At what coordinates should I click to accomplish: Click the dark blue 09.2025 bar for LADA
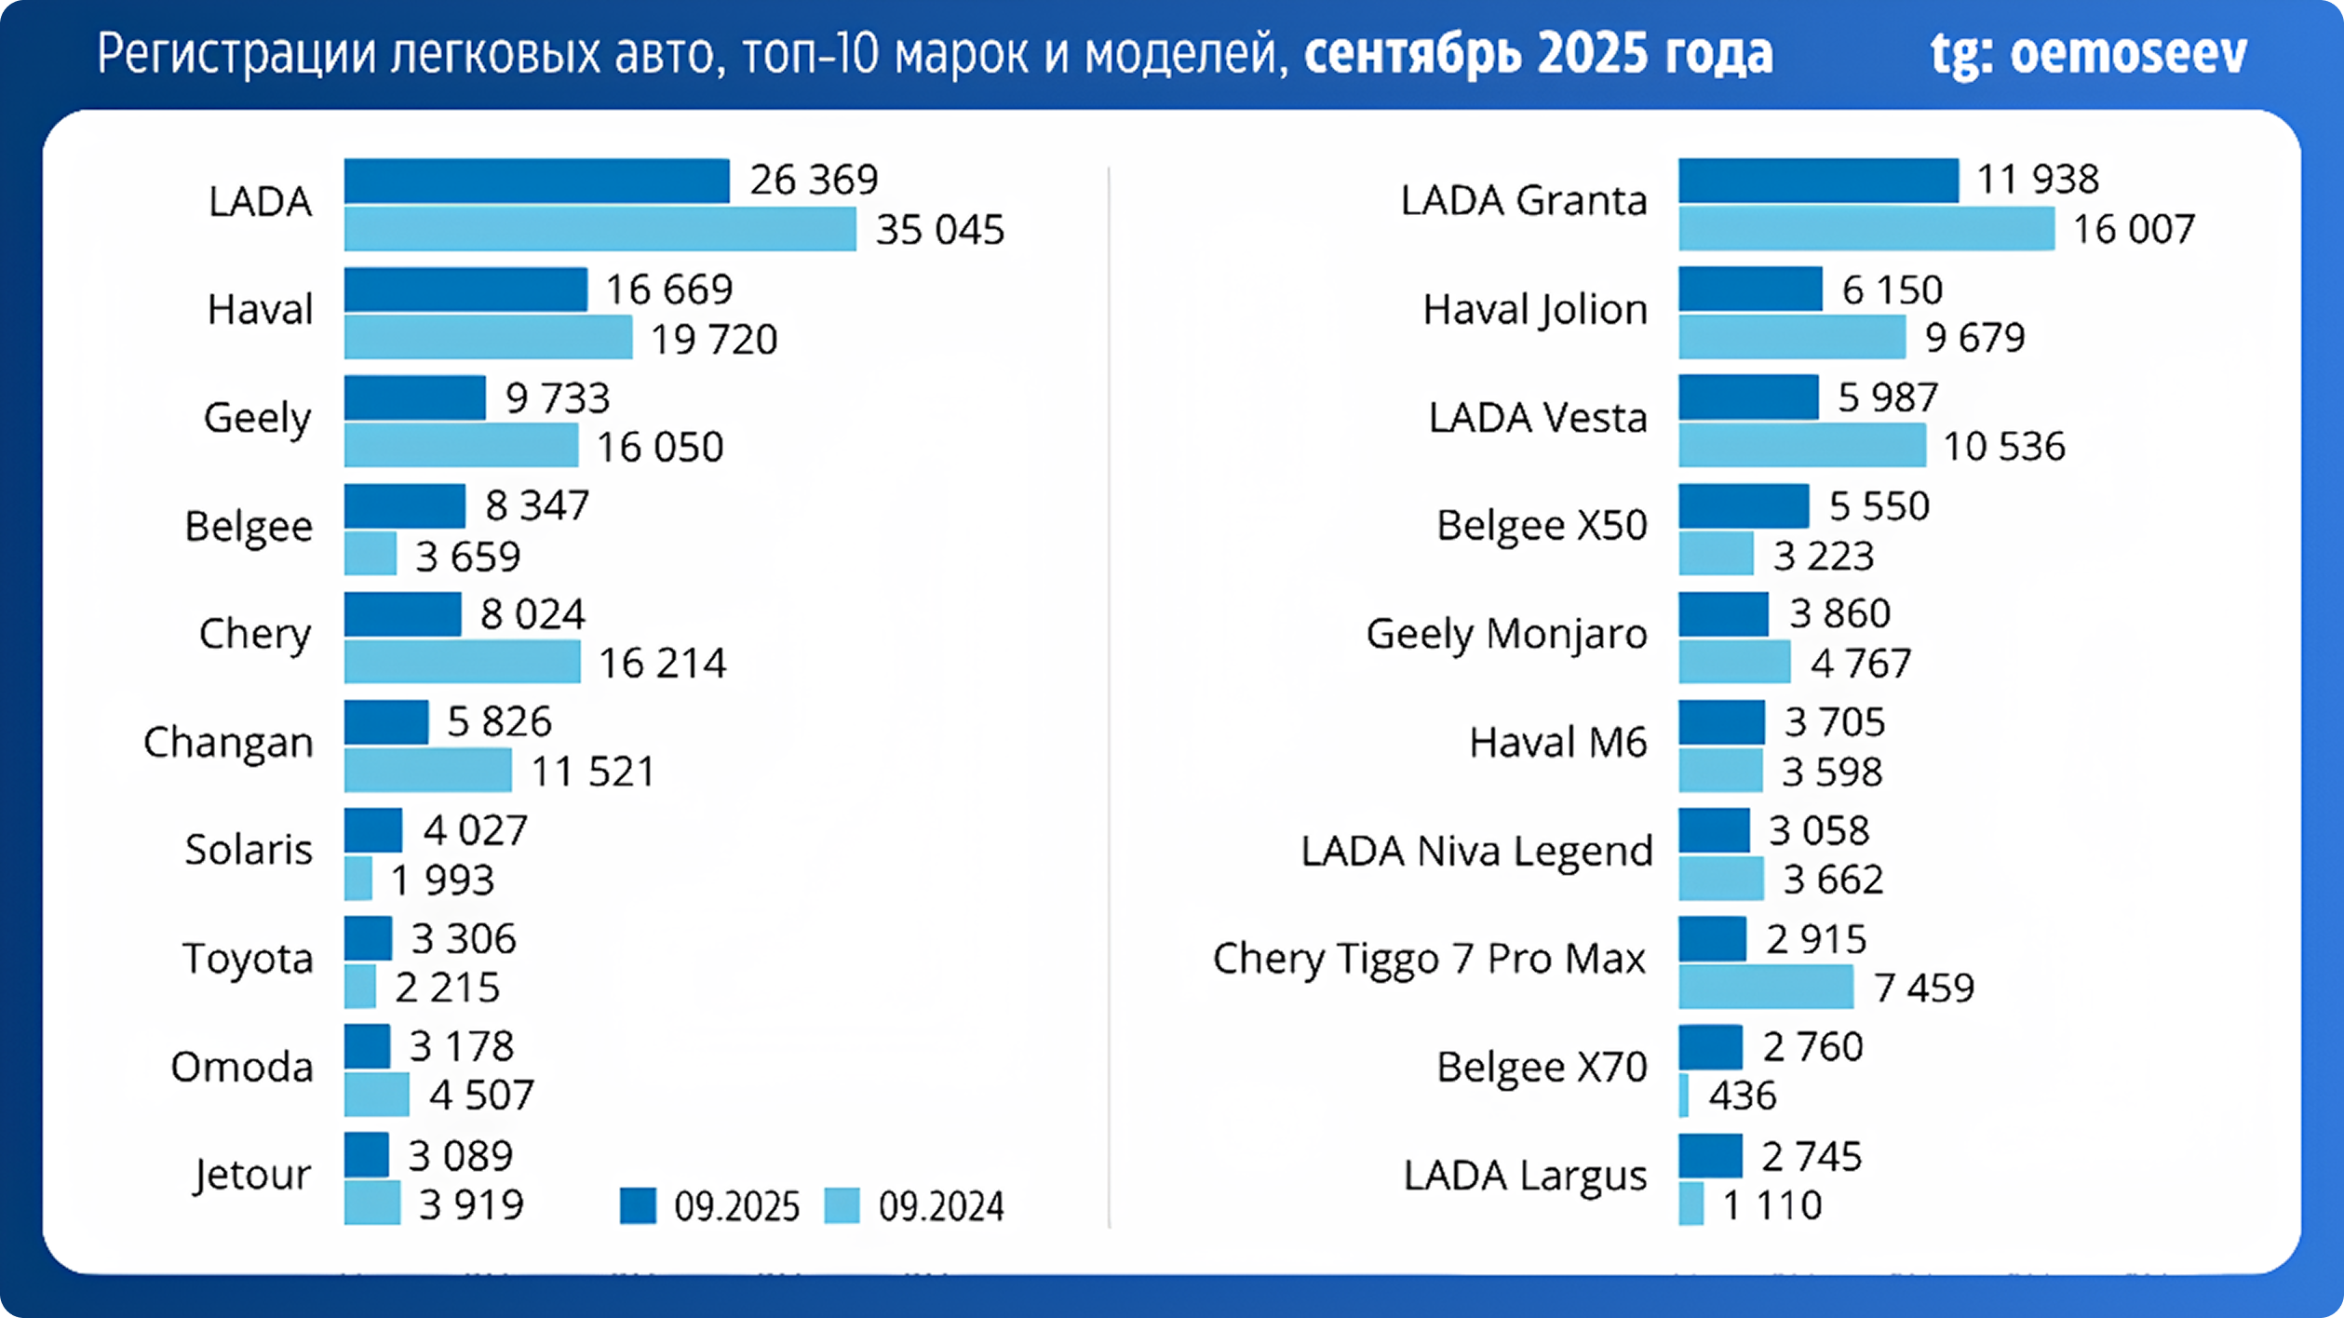tap(536, 181)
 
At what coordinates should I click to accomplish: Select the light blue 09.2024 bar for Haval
tap(488, 337)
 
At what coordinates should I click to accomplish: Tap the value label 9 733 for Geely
tap(557, 398)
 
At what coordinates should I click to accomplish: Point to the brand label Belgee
tap(249, 526)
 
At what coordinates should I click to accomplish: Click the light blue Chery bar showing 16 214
tap(462, 662)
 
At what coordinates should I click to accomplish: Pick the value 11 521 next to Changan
tap(593, 772)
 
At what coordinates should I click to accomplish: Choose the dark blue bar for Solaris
tap(372, 830)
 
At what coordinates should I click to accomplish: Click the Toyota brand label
tap(248, 959)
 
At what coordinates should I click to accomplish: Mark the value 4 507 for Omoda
tap(481, 1095)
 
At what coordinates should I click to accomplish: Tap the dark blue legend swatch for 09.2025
tap(638, 1205)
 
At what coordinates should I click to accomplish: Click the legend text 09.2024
tap(940, 1206)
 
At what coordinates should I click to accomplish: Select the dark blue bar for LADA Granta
tap(1818, 181)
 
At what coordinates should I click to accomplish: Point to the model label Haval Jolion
tap(1535, 309)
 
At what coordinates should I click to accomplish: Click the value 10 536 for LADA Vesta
tap(2003, 446)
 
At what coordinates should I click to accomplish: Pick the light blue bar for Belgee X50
tap(1716, 554)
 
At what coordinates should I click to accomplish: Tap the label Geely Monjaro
tap(1506, 634)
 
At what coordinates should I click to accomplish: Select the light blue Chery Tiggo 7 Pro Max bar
tap(1765, 987)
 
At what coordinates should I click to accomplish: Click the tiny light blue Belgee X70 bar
tap(1684, 1095)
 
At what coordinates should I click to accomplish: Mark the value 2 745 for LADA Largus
tap(1811, 1156)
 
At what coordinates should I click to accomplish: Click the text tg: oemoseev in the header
tap(2088, 54)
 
